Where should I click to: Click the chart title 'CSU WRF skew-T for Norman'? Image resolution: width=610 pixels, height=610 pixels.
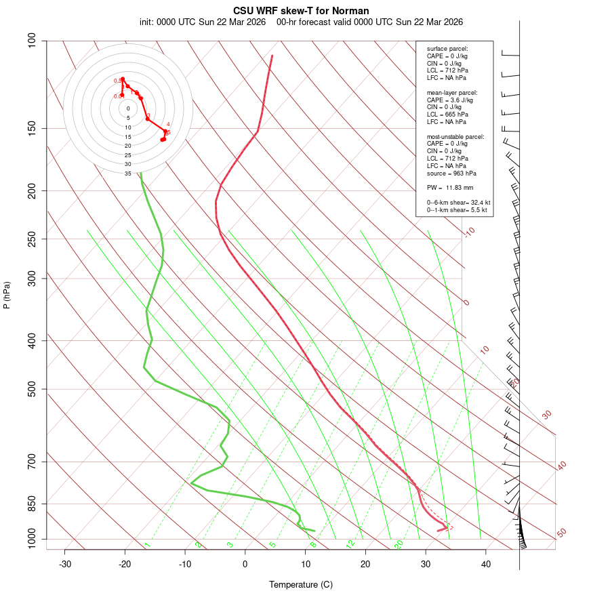click(301, 11)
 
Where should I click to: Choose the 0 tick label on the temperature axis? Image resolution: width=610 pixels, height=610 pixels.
click(245, 564)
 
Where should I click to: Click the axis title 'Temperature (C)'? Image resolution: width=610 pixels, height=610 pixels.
click(301, 584)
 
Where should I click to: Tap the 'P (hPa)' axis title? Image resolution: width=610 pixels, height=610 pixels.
click(7, 295)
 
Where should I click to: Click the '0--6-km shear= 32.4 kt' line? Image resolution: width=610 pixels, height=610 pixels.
click(458, 203)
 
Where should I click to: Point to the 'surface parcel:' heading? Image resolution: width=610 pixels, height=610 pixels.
click(447, 49)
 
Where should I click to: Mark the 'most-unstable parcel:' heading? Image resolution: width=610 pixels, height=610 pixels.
click(455, 136)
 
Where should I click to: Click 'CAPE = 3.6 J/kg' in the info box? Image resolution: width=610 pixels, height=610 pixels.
click(450, 100)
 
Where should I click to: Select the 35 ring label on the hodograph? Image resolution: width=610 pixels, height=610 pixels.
click(127, 174)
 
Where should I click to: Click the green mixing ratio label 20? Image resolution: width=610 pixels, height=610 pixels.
click(399, 544)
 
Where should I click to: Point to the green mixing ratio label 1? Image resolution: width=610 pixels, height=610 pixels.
click(146, 544)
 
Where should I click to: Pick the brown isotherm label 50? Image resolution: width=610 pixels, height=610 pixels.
click(561, 533)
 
